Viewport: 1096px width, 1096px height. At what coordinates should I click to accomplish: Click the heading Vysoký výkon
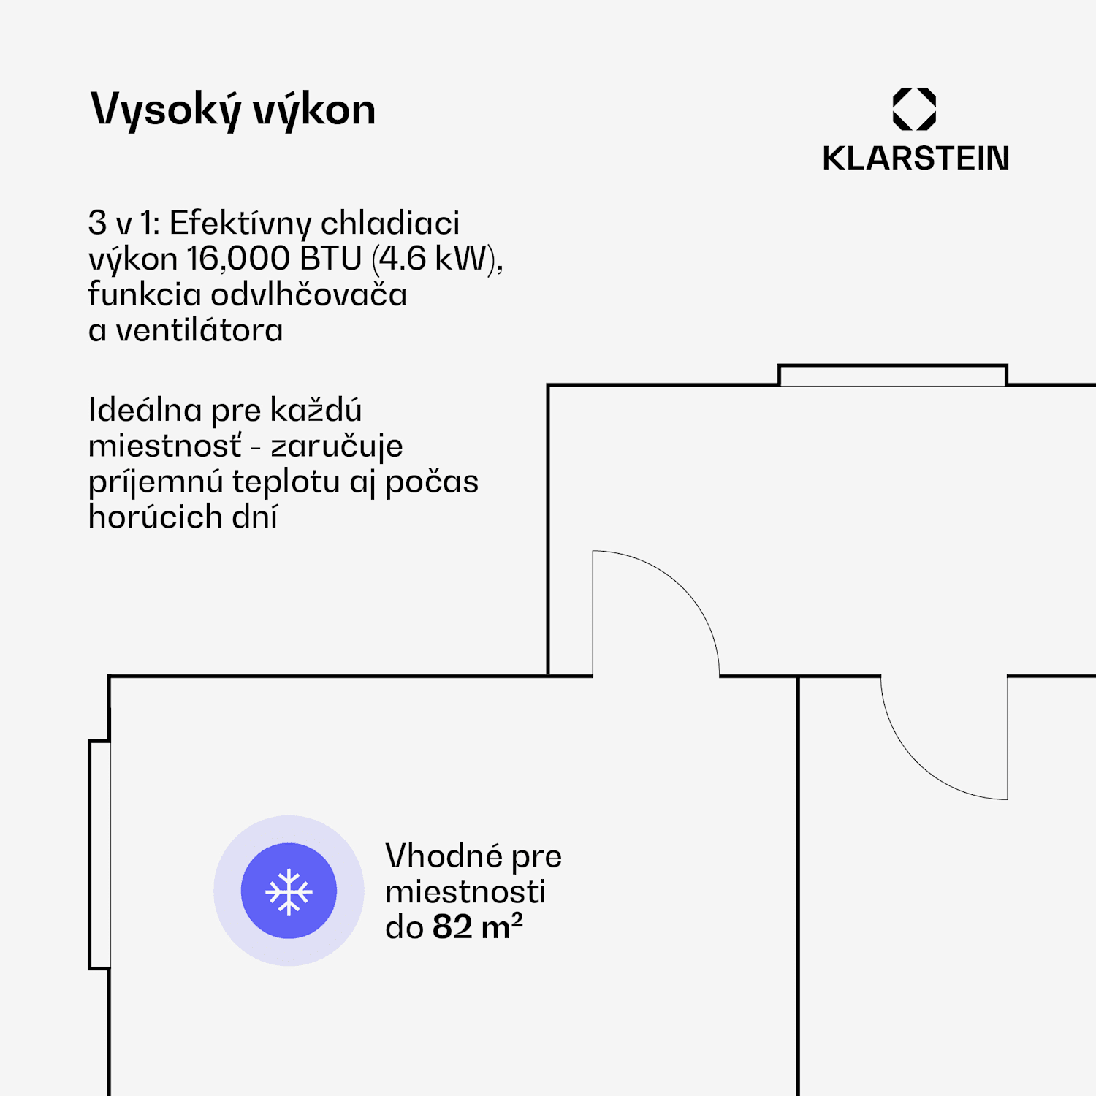232,110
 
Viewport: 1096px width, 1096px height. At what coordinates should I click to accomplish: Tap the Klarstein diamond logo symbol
914,109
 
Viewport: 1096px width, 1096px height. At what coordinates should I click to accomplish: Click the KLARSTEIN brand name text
916,159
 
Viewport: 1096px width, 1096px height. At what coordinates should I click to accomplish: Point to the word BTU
330,259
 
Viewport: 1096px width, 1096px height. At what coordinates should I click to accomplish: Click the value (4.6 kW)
437,259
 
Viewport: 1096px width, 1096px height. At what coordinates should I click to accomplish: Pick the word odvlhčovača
308,294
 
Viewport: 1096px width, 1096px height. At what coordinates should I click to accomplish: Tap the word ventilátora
199,330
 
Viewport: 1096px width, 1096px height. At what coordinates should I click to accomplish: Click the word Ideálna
145,410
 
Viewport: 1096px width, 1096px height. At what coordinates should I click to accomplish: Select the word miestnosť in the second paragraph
165,446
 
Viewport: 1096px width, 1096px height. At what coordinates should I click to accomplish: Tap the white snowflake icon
289,891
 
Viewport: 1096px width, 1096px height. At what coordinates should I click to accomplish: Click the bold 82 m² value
477,926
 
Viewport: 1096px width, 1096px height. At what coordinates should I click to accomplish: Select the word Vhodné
444,856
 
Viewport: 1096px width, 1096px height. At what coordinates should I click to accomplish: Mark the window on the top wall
892,375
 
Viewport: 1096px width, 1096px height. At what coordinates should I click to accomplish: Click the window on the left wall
100,855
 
